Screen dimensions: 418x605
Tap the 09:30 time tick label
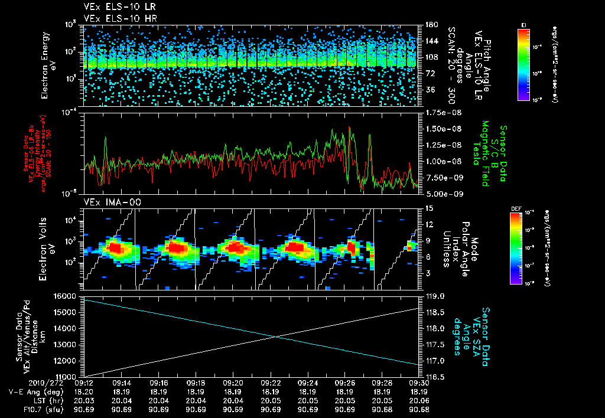[419, 383]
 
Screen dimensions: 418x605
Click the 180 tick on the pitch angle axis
[431, 25]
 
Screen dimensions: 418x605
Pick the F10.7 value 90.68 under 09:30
[419, 409]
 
